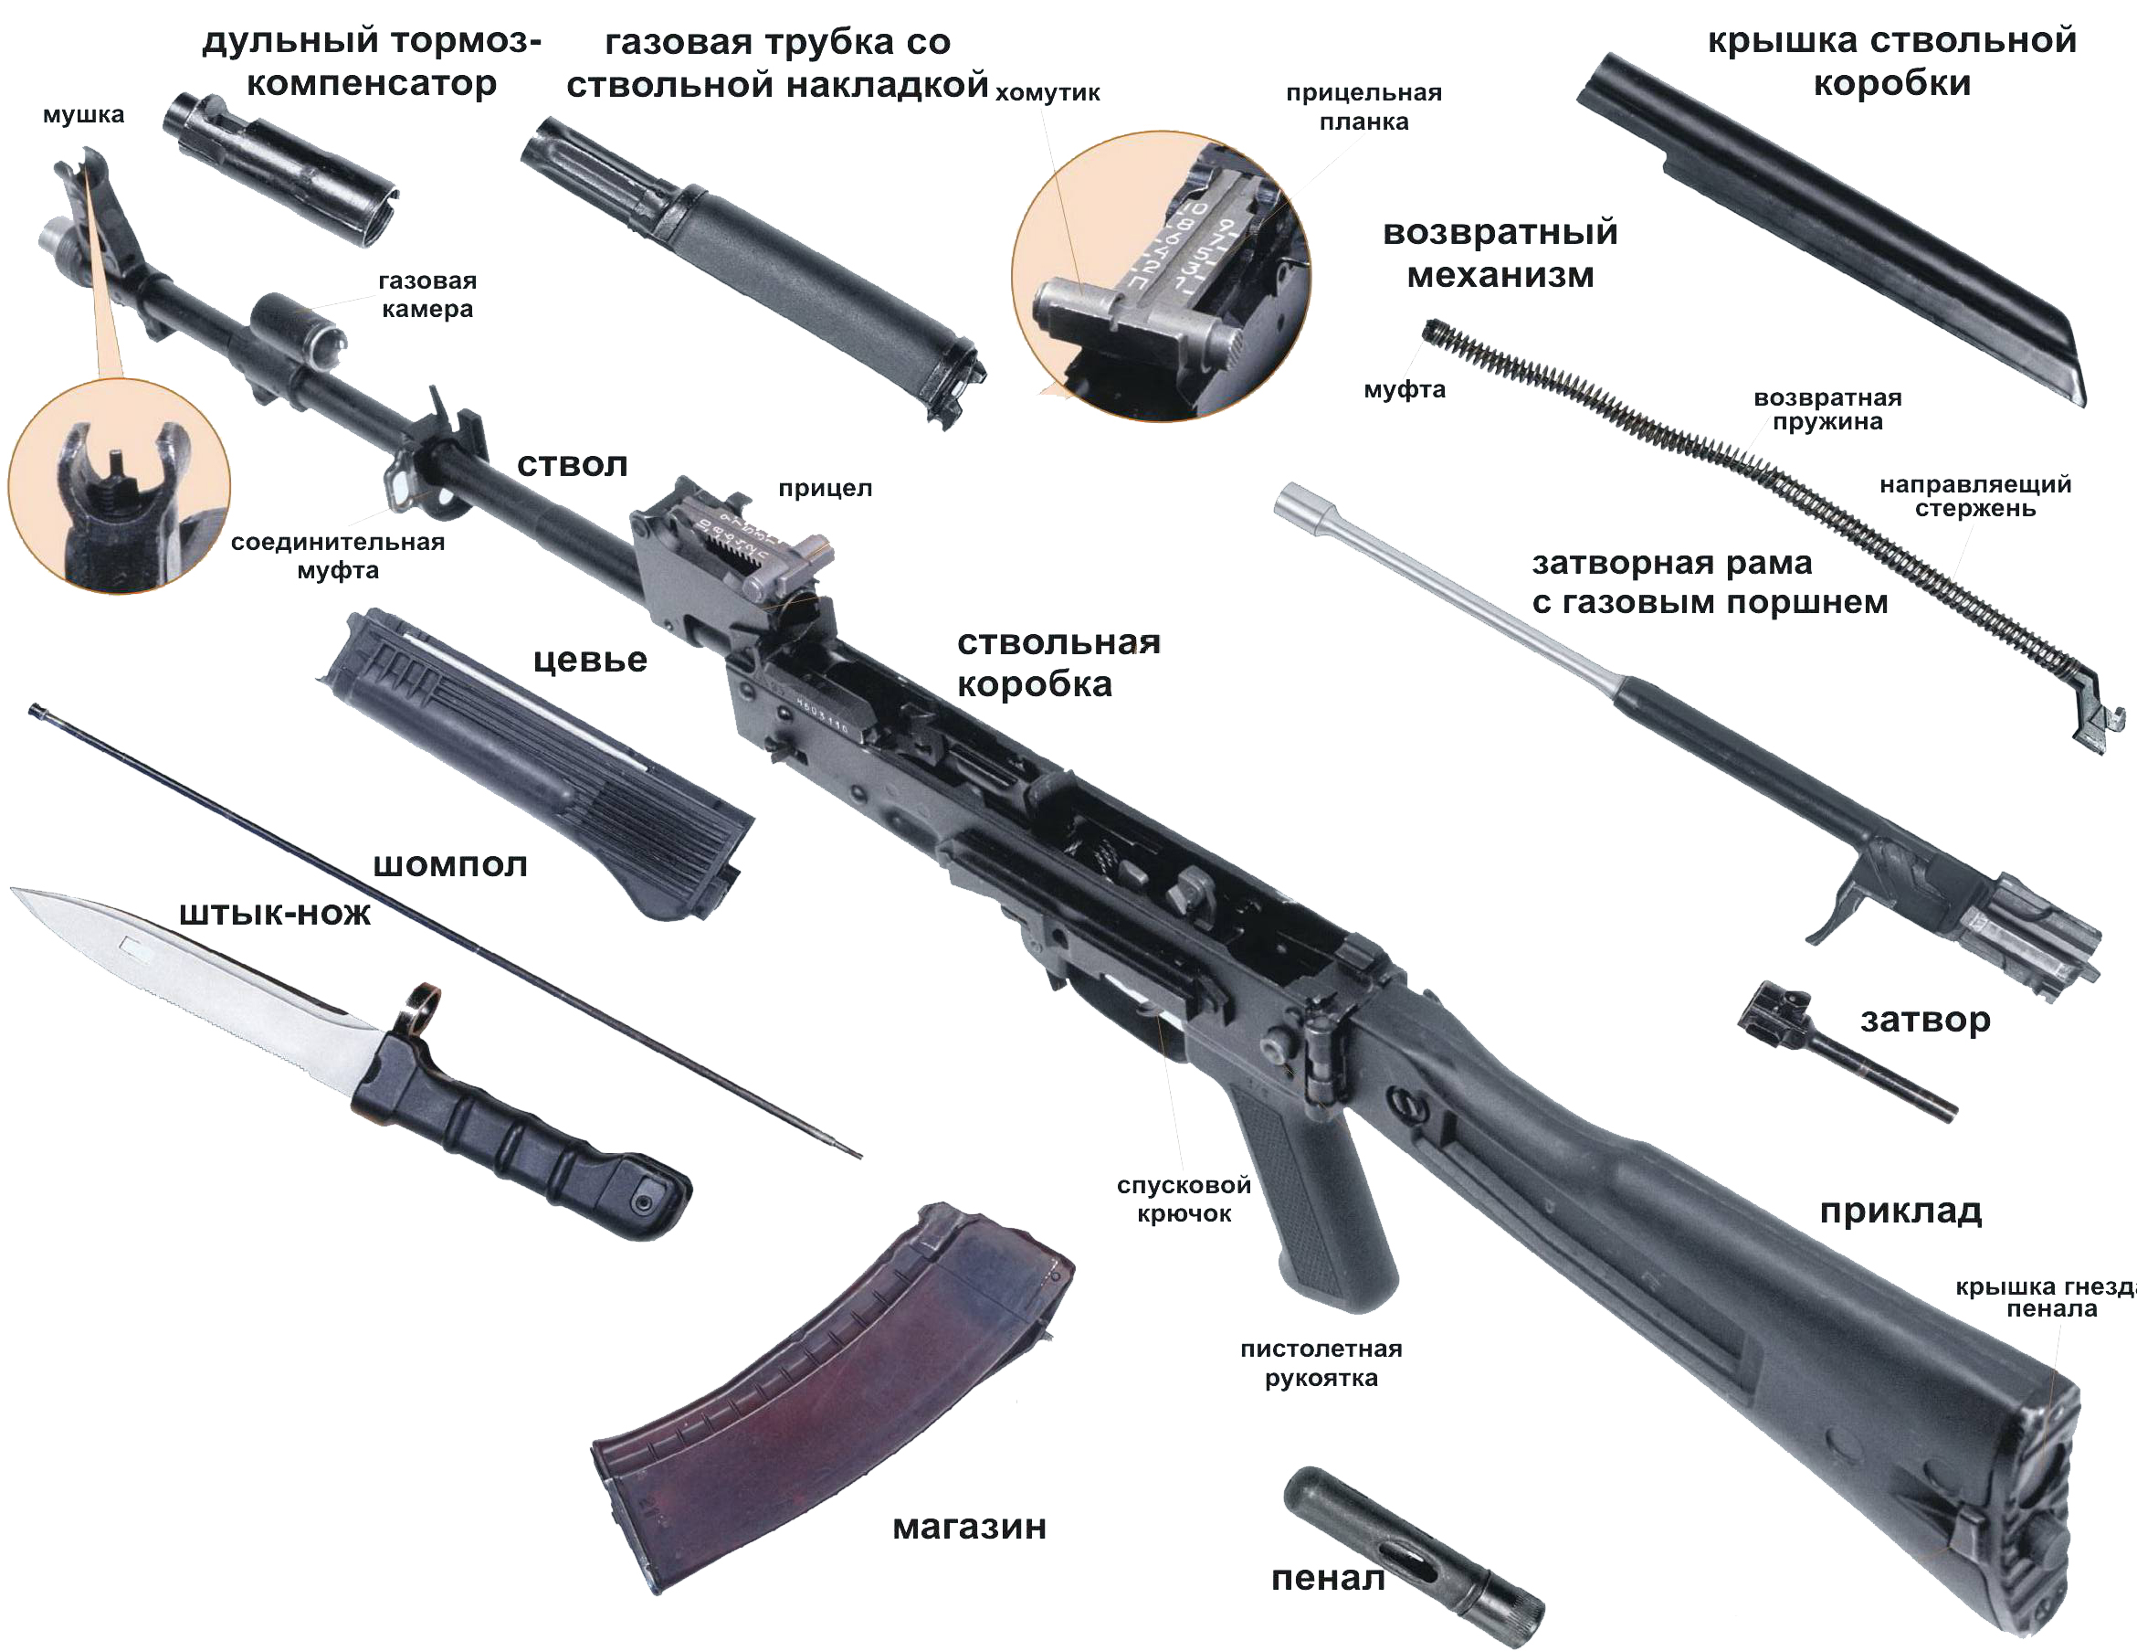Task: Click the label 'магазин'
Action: point(969,1527)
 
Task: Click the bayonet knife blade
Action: point(195,979)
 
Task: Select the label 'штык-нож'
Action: point(275,914)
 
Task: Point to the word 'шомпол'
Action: point(450,865)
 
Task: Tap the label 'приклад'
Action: point(1900,1212)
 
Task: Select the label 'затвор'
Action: point(1925,1019)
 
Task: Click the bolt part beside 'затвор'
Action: point(1839,1052)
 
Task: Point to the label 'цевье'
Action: point(590,660)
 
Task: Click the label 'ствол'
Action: point(572,465)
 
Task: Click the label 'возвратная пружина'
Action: point(1826,410)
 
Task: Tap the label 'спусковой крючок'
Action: point(1184,1199)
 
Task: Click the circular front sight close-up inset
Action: point(120,485)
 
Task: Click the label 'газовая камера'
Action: point(426,294)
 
